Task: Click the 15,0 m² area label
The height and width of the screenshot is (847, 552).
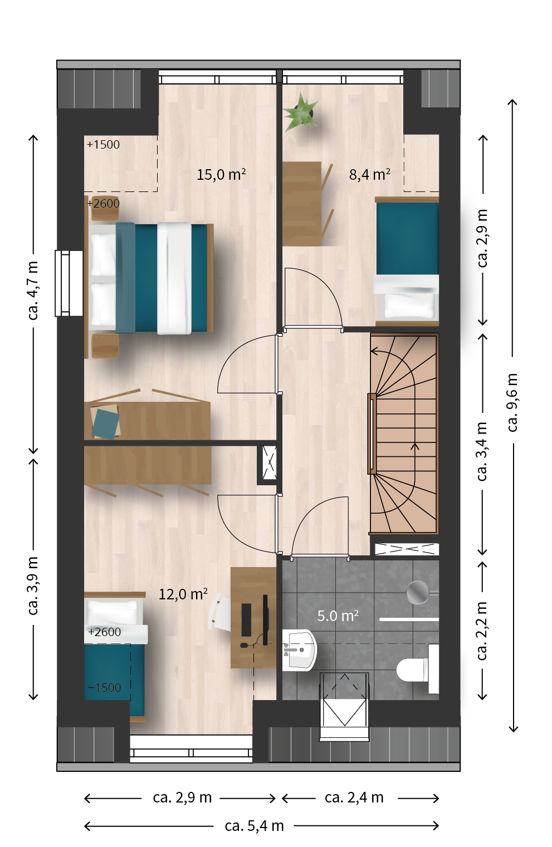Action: click(x=221, y=174)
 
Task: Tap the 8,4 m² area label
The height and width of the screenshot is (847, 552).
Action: click(x=370, y=174)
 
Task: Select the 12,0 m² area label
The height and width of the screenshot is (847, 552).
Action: click(x=183, y=594)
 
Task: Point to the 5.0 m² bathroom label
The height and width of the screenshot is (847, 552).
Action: click(x=338, y=616)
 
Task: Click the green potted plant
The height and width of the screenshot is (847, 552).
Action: click(x=301, y=111)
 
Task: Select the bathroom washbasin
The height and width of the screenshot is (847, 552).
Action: click(x=299, y=650)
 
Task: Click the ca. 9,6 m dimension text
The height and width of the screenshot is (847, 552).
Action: click(x=512, y=402)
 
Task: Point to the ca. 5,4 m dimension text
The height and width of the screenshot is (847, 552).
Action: click(x=254, y=826)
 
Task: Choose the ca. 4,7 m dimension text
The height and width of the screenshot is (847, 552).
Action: click(x=33, y=290)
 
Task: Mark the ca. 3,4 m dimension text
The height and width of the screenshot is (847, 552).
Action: click(x=482, y=451)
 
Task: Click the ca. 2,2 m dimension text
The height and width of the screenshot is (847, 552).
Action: click(x=482, y=631)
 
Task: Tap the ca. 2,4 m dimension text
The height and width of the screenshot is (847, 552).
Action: click(x=354, y=797)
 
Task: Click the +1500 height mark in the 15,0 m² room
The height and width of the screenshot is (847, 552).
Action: click(x=103, y=145)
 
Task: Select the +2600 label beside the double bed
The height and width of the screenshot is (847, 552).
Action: click(x=103, y=204)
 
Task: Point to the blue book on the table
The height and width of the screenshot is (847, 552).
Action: click(x=106, y=423)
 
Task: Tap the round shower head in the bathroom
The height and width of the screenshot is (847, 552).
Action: click(x=418, y=592)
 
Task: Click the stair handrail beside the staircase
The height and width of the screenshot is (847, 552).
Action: click(x=372, y=434)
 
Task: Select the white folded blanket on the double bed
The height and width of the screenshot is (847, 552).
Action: click(x=174, y=278)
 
